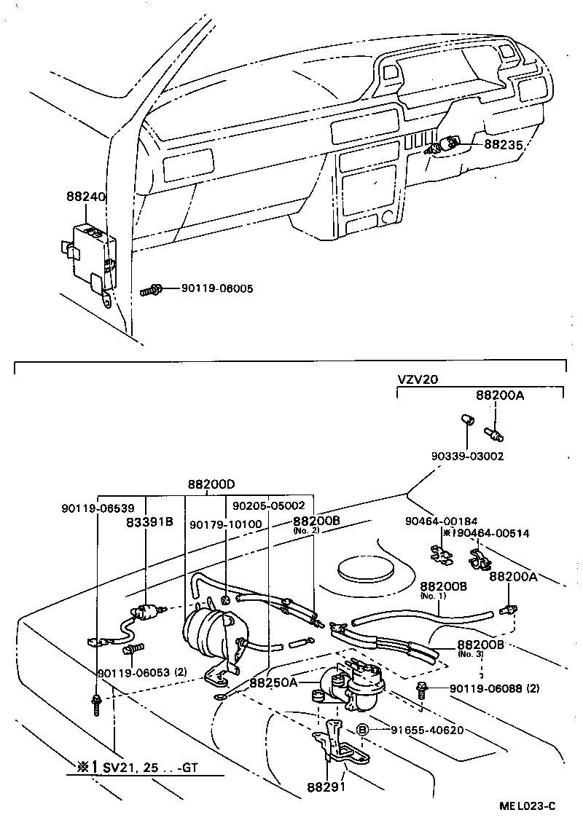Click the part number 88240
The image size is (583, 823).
(x=86, y=197)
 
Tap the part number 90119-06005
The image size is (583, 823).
(x=217, y=289)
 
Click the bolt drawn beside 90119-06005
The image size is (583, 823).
(x=151, y=290)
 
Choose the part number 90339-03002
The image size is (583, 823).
(x=466, y=456)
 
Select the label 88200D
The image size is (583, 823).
(x=211, y=484)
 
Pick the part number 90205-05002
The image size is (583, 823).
(x=269, y=505)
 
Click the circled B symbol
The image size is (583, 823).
(x=362, y=730)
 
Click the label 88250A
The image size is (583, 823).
(x=273, y=682)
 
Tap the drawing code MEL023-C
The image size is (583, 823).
(x=528, y=806)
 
